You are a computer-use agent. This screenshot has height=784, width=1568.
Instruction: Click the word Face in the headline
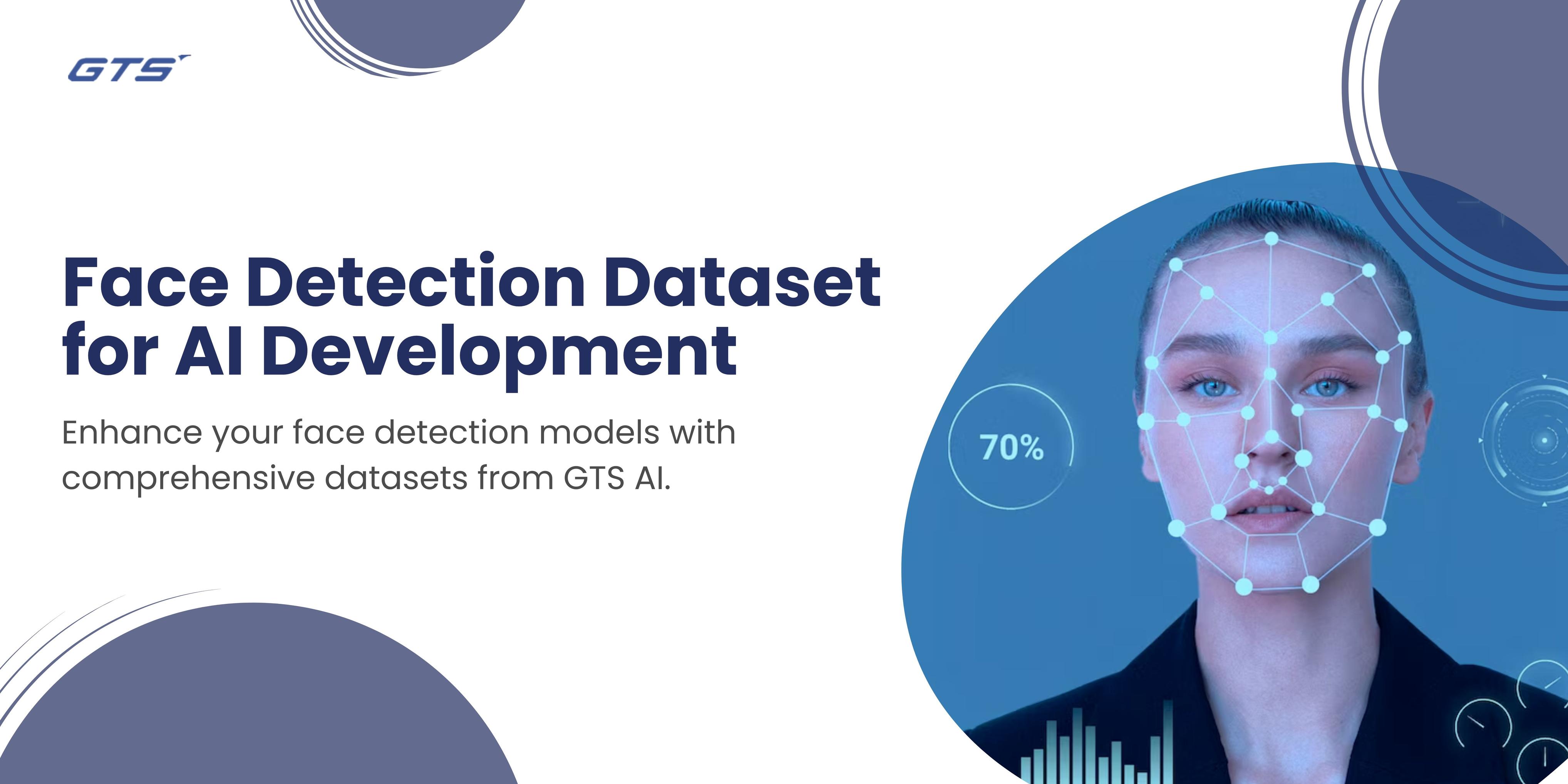coord(146,282)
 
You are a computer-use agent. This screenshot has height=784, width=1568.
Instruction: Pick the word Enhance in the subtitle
coord(132,433)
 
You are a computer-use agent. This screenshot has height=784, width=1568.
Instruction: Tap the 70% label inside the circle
coord(1012,447)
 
